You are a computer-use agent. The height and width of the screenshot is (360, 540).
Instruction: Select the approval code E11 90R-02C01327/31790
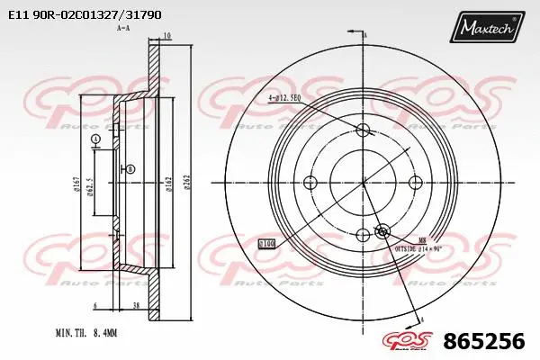pyautogui.click(x=85, y=14)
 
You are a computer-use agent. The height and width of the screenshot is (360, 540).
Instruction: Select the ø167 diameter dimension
pyautogui.click(x=77, y=184)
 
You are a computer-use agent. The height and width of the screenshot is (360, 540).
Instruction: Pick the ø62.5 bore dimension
pyautogui.click(x=91, y=184)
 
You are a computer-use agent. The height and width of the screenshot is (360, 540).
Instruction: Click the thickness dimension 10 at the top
pyautogui.click(x=166, y=36)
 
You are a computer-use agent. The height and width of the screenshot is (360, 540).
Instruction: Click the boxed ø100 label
pyautogui.click(x=266, y=243)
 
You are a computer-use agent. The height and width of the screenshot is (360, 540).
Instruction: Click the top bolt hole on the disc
pyautogui.click(x=364, y=130)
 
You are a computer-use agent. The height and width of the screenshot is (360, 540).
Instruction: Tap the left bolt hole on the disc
pyautogui.click(x=311, y=182)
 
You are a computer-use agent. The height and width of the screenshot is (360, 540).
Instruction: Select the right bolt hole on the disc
pyautogui.click(x=416, y=182)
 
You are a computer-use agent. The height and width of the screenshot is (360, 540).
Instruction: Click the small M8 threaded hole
pyautogui.click(x=382, y=230)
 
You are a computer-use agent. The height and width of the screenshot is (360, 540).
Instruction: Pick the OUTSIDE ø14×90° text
pyautogui.click(x=418, y=246)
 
